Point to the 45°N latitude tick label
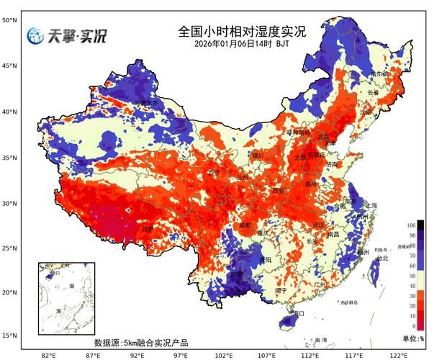tap(9, 66)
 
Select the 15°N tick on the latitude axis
tap(9, 336)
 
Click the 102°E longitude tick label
tap(224, 355)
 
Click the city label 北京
tap(324, 137)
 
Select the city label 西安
tap(279, 191)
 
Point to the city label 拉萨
tap(148, 228)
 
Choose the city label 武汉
tap(318, 225)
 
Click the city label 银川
tap(258, 155)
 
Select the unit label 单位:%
tap(413, 338)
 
